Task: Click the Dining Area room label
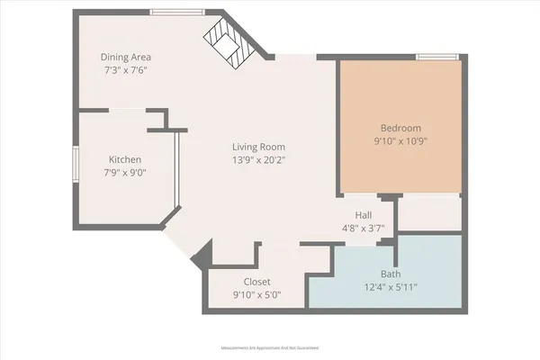coord(124,57)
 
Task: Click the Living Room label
coord(259,146)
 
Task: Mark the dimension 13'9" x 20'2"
coord(259,160)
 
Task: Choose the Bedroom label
coord(401,128)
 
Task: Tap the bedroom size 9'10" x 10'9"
coord(401,142)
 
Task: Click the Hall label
coord(364,215)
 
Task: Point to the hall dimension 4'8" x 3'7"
coord(364,229)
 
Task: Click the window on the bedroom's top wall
coord(432,57)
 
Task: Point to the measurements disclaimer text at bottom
coord(270,347)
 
